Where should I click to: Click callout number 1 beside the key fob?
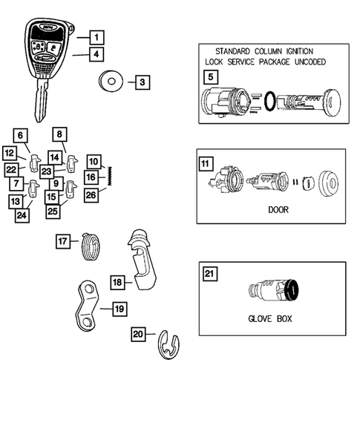coord(96,36)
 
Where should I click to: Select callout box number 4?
coord(96,53)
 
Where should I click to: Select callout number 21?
coord(210,275)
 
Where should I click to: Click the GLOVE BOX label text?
coord(269,320)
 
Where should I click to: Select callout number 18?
coord(117,282)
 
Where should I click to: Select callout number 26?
coord(90,195)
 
